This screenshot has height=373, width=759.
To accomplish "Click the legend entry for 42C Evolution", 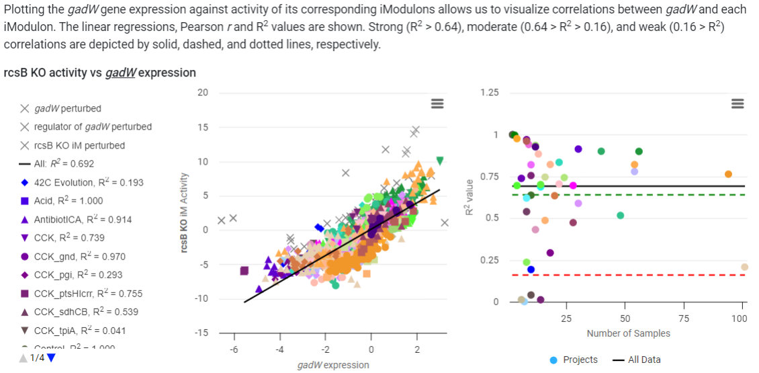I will coord(87,182).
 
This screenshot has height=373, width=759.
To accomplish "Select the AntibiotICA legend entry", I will coord(83,219).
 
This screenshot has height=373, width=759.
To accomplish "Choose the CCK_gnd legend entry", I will coord(79,256).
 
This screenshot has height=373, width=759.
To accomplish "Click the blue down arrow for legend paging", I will coord(51,358).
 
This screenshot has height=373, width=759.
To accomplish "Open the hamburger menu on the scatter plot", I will coord(437,103).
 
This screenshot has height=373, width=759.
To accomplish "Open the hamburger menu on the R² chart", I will coord(738,103).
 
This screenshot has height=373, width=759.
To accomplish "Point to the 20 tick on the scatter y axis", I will coord(203,93).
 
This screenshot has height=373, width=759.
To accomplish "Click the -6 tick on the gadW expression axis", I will coord(234,349).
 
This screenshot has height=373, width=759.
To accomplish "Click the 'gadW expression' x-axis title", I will coord(332,365).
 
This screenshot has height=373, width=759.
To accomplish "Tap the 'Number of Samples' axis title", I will coord(628,333).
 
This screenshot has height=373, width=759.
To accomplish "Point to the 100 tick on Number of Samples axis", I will coord(740,318).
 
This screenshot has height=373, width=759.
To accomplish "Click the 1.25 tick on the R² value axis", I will coord(490,93).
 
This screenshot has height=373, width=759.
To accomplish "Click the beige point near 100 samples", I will coord(744,267).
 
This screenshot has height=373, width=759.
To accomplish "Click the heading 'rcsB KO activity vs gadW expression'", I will coord(100,73).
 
